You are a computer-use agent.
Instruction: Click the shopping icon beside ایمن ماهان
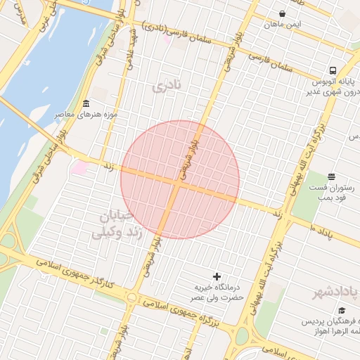[282, 13]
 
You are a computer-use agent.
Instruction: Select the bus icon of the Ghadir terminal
[333, 70]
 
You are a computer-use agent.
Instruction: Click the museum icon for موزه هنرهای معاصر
[86, 103]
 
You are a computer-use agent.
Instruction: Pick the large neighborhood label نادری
[167, 86]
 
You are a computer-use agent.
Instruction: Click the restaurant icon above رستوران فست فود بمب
[332, 176]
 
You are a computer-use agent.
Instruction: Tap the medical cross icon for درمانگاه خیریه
[217, 276]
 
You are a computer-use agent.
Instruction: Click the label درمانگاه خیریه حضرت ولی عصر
[219, 292]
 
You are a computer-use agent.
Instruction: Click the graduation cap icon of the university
[342, 310]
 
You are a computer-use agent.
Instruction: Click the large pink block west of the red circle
[79, 168]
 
